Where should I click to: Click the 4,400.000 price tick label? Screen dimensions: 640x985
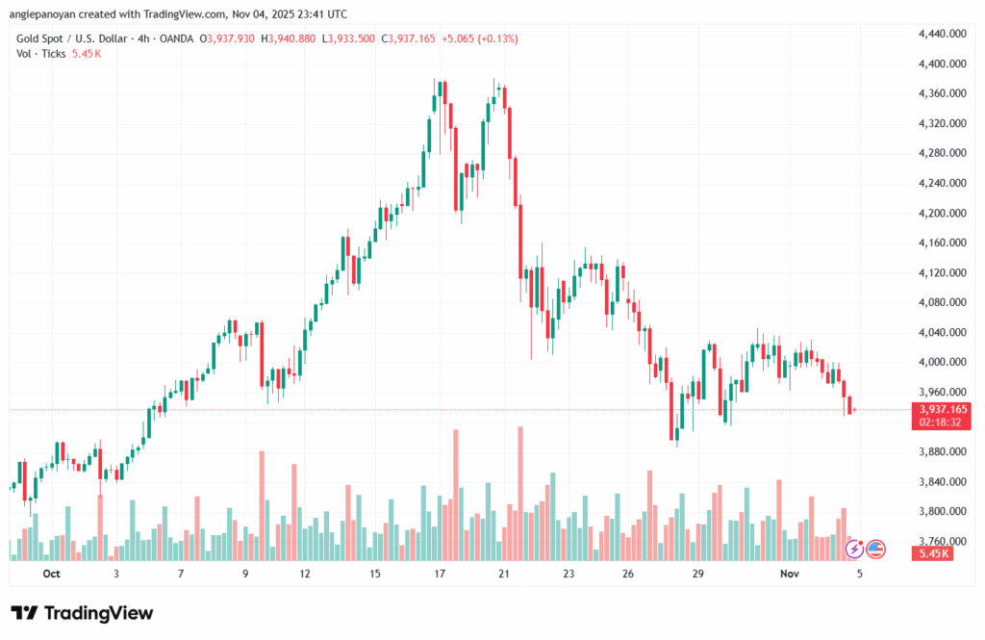click(x=943, y=64)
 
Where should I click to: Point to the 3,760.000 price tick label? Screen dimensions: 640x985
click(x=943, y=541)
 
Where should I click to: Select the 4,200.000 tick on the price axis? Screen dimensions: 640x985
click(x=943, y=213)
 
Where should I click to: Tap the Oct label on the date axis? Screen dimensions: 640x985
click(x=51, y=574)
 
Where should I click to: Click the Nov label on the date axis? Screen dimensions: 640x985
click(x=790, y=574)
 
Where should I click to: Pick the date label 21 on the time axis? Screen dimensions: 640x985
click(x=502, y=574)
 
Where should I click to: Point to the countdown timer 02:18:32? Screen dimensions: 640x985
click(x=943, y=422)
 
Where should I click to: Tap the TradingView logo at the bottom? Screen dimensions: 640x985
click(x=82, y=613)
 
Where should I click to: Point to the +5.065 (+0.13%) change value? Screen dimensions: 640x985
click(x=479, y=38)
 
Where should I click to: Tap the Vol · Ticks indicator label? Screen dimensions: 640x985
click(x=41, y=54)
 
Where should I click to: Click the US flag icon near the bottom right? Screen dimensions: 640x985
click(x=875, y=549)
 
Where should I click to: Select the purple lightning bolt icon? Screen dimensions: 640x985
click(x=854, y=549)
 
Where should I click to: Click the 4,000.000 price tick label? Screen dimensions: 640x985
click(x=943, y=362)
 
